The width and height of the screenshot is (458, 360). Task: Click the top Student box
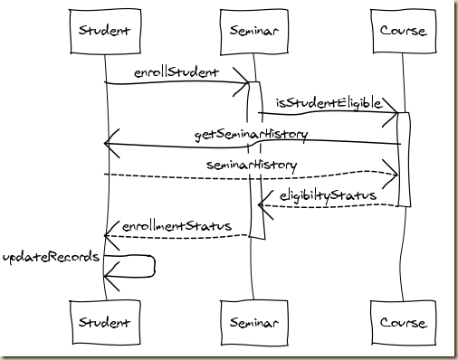pyautogui.click(x=104, y=32)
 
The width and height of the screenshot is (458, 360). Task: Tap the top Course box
pyautogui.click(x=403, y=32)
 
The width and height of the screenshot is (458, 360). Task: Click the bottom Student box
pyautogui.click(x=104, y=323)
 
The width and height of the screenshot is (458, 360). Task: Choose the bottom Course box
pyautogui.click(x=403, y=323)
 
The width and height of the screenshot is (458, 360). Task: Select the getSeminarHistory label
pyautogui.click(x=251, y=134)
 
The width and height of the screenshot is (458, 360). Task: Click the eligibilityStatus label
pyautogui.click(x=327, y=194)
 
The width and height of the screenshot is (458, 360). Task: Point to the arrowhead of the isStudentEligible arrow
pyautogui.click(x=394, y=113)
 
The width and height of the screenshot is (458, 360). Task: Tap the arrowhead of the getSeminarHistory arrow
pyautogui.click(x=110, y=142)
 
